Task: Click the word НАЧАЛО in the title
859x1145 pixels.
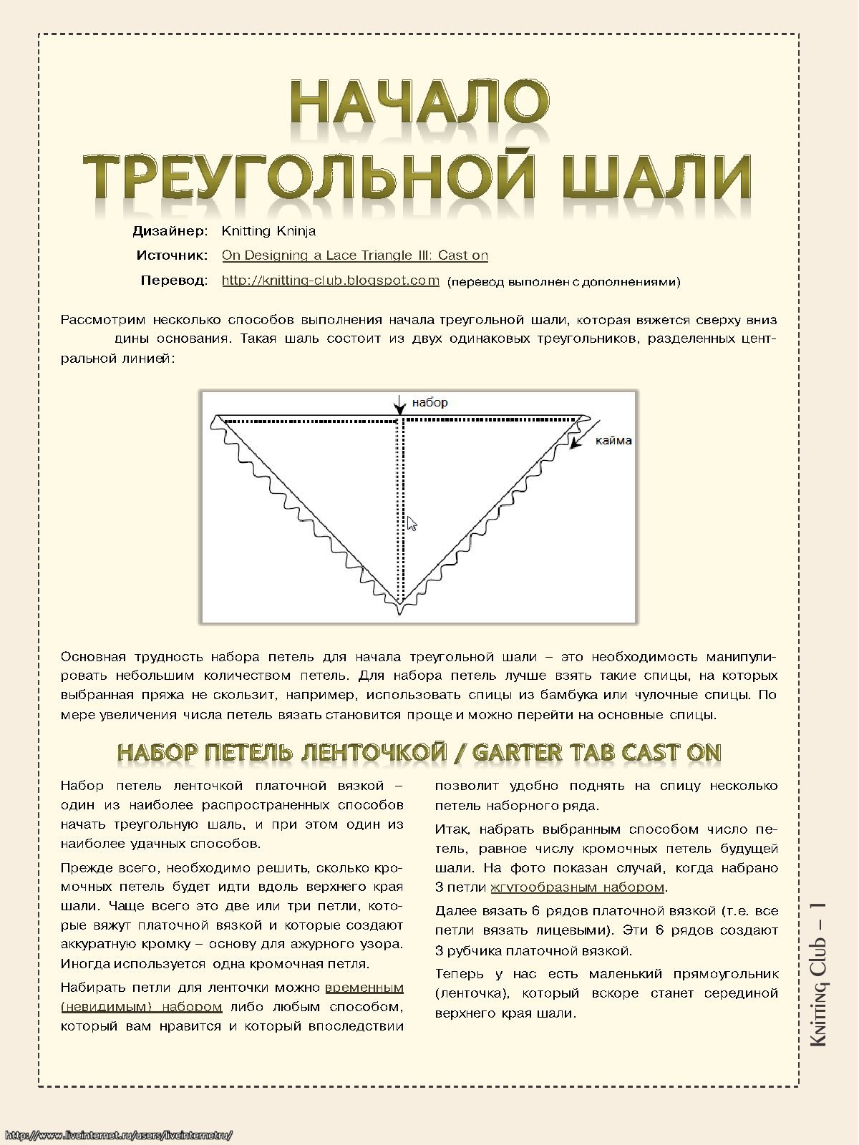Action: [420, 102]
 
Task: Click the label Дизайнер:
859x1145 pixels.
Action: [170, 231]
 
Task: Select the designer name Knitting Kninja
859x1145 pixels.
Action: [268, 231]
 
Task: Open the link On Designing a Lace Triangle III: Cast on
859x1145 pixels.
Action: [354, 255]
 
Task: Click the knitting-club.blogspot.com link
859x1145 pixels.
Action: [330, 281]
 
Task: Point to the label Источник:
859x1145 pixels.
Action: [172, 255]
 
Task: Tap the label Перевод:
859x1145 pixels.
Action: [174, 281]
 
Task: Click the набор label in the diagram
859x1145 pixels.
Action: [429, 403]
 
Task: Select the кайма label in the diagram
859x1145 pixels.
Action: [613, 441]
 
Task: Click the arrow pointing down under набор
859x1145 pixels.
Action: [399, 406]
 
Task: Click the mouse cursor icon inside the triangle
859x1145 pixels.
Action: [412, 524]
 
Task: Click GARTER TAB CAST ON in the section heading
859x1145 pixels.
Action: [596, 753]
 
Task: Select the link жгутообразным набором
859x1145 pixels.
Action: [578, 887]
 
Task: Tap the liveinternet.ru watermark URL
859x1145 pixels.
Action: [118, 1135]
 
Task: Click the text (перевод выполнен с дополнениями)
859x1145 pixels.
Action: [563, 282]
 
